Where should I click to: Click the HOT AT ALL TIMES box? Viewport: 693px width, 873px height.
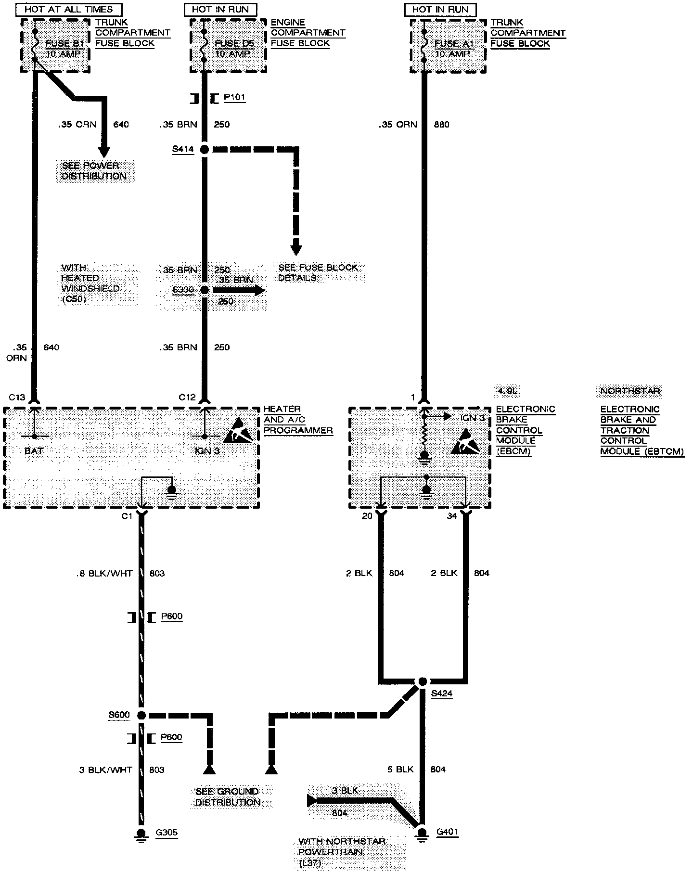(x=68, y=9)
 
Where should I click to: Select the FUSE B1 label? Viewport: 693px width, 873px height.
(x=65, y=44)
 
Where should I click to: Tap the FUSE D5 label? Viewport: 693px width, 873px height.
(x=234, y=44)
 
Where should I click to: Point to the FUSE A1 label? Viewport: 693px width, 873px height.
(x=454, y=44)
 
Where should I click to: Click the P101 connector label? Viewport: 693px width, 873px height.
(x=234, y=98)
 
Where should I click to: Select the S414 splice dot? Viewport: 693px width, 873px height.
(x=205, y=150)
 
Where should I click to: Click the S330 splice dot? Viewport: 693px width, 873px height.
(x=205, y=290)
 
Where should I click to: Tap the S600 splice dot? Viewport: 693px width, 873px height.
(x=141, y=715)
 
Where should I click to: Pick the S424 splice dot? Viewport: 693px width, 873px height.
(x=422, y=681)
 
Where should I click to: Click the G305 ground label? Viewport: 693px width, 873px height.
(x=167, y=833)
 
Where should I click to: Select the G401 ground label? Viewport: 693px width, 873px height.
(x=447, y=832)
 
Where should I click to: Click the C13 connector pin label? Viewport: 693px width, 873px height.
(x=17, y=398)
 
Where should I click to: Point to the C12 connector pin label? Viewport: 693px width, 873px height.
(x=187, y=398)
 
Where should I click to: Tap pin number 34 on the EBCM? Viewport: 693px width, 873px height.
(x=452, y=516)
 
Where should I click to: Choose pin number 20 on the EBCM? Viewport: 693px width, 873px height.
(x=367, y=516)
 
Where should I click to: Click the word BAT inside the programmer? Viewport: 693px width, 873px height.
(x=33, y=451)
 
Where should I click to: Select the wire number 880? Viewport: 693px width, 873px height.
(x=441, y=125)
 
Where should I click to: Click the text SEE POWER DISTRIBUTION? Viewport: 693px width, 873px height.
(x=94, y=171)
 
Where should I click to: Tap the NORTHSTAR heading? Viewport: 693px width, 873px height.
(x=630, y=391)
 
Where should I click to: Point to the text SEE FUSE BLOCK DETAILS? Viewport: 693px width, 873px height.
(x=318, y=272)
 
